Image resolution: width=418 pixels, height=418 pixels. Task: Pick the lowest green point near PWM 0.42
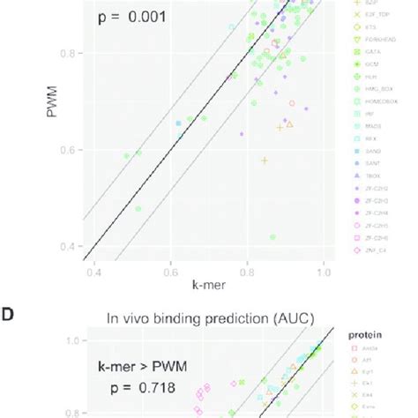tap(272, 236)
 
